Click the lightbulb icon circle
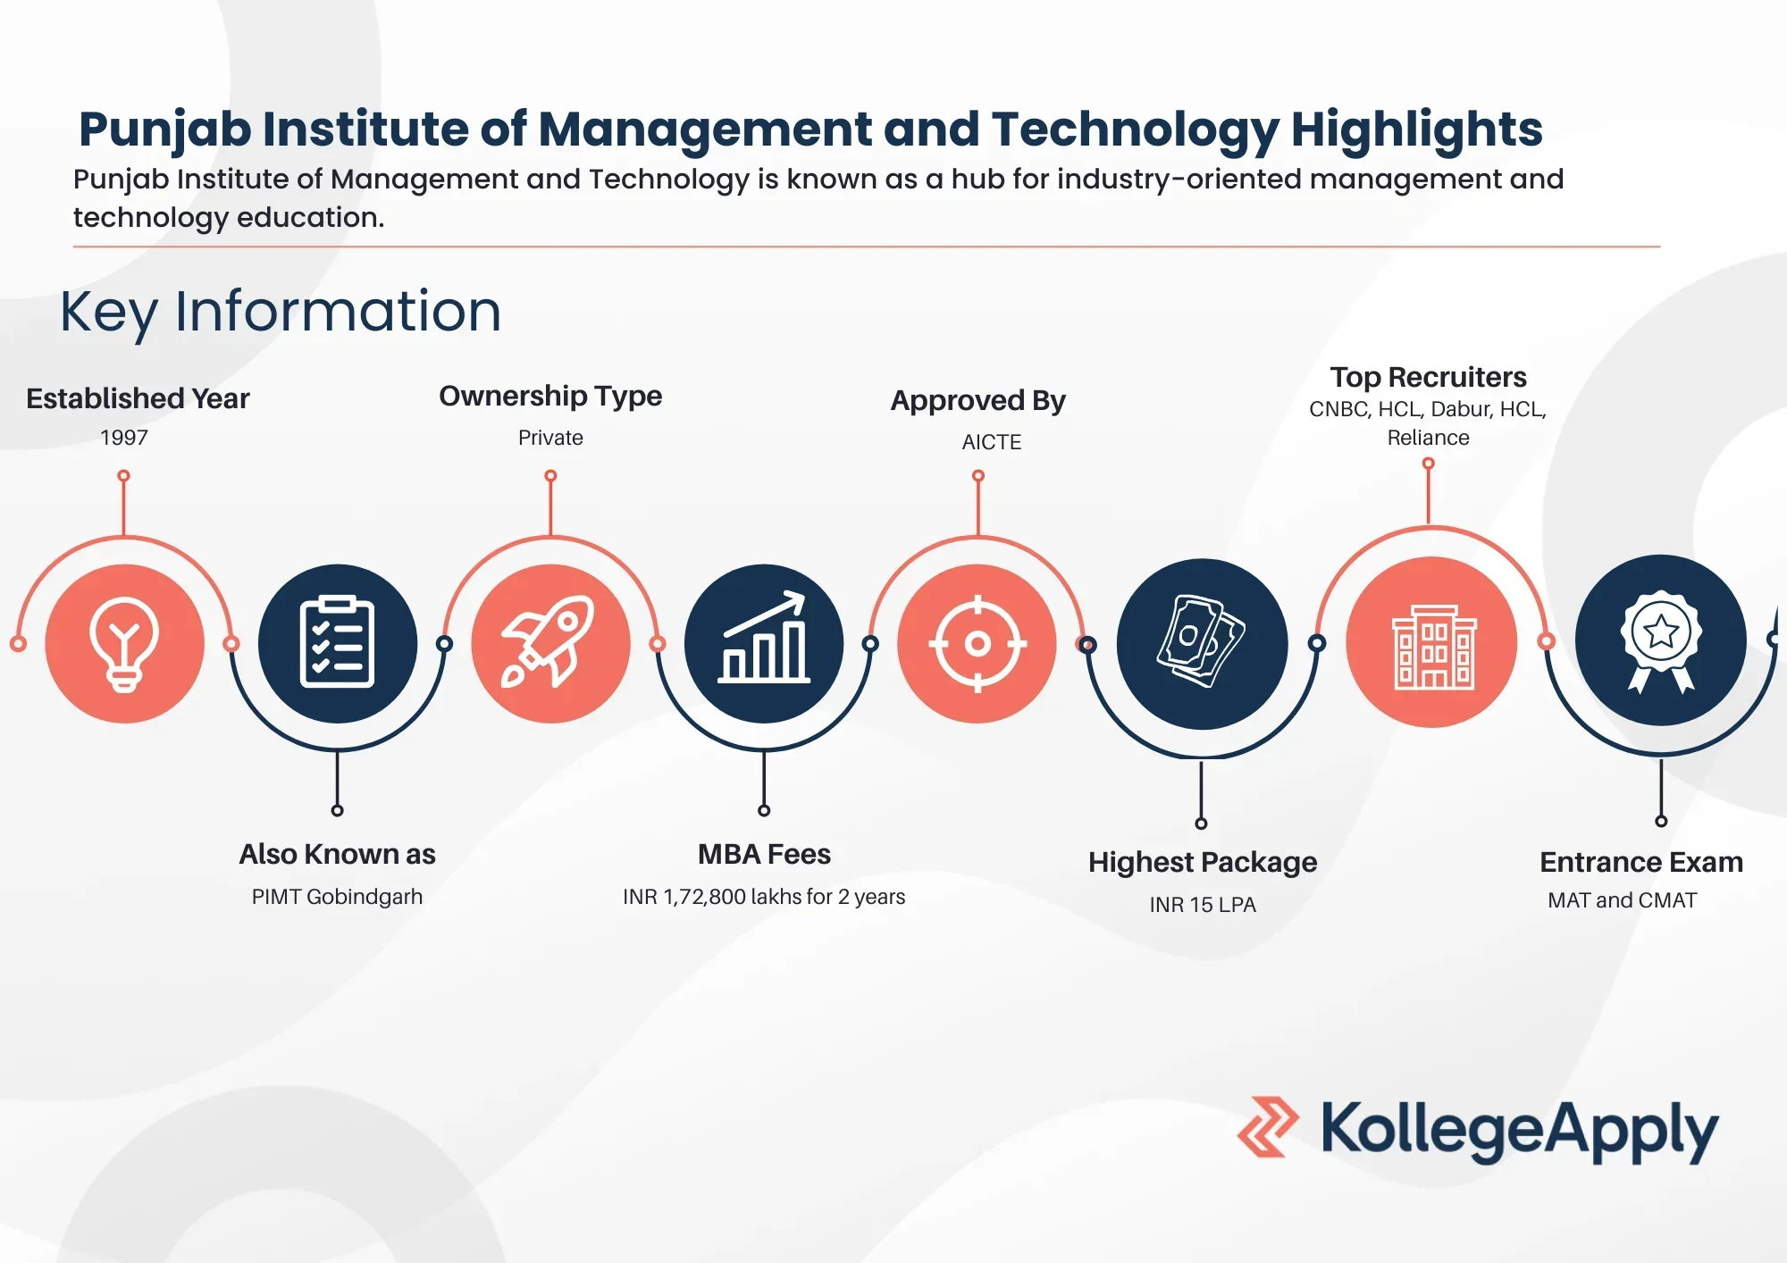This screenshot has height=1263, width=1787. pyautogui.click(x=124, y=643)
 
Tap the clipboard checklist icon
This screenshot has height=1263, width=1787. pyautogui.click(x=337, y=642)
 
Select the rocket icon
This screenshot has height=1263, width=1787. pyautogui.click(x=549, y=641)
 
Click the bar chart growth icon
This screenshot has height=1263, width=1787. pyautogui.click(x=764, y=638)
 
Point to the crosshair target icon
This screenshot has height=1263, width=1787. pyautogui.click(x=977, y=643)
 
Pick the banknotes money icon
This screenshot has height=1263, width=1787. pyautogui.click(x=1202, y=641)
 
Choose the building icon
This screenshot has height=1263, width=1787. pyautogui.click(x=1433, y=647)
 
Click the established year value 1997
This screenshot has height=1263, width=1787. pyautogui.click(x=124, y=438)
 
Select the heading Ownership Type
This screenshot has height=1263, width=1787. pyautogui.click(x=550, y=396)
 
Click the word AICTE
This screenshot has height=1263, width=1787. pyautogui.click(x=992, y=442)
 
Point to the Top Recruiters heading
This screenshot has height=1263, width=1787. pyautogui.click(x=1428, y=377)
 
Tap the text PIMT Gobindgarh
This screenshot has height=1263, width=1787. pyautogui.click(x=337, y=897)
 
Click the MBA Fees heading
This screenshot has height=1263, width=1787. pyautogui.click(x=764, y=854)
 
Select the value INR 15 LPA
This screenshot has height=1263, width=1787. pyautogui.click(x=1203, y=905)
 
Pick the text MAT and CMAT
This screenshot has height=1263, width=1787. pyautogui.click(x=1623, y=900)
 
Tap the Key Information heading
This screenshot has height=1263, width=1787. pyautogui.click(x=281, y=312)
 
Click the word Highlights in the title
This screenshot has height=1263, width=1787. pyautogui.click(x=1417, y=130)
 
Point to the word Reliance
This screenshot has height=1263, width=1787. pyautogui.click(x=1428, y=438)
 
